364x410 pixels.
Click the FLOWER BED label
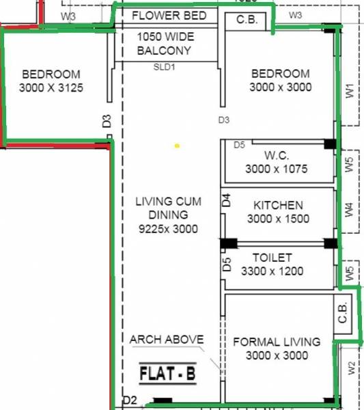click(169, 16)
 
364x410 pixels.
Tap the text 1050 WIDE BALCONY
click(164, 44)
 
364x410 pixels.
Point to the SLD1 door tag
click(164, 67)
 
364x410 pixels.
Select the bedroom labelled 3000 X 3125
click(51, 81)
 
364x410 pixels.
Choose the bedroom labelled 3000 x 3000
click(280, 81)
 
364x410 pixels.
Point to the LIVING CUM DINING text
click(166, 208)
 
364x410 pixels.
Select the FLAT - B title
click(167, 374)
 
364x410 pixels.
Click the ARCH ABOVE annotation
click(166, 340)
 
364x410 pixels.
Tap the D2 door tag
click(130, 400)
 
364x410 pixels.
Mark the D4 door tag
click(227, 200)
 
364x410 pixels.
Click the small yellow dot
click(177, 146)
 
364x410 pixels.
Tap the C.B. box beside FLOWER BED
click(247, 20)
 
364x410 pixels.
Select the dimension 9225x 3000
click(166, 229)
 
